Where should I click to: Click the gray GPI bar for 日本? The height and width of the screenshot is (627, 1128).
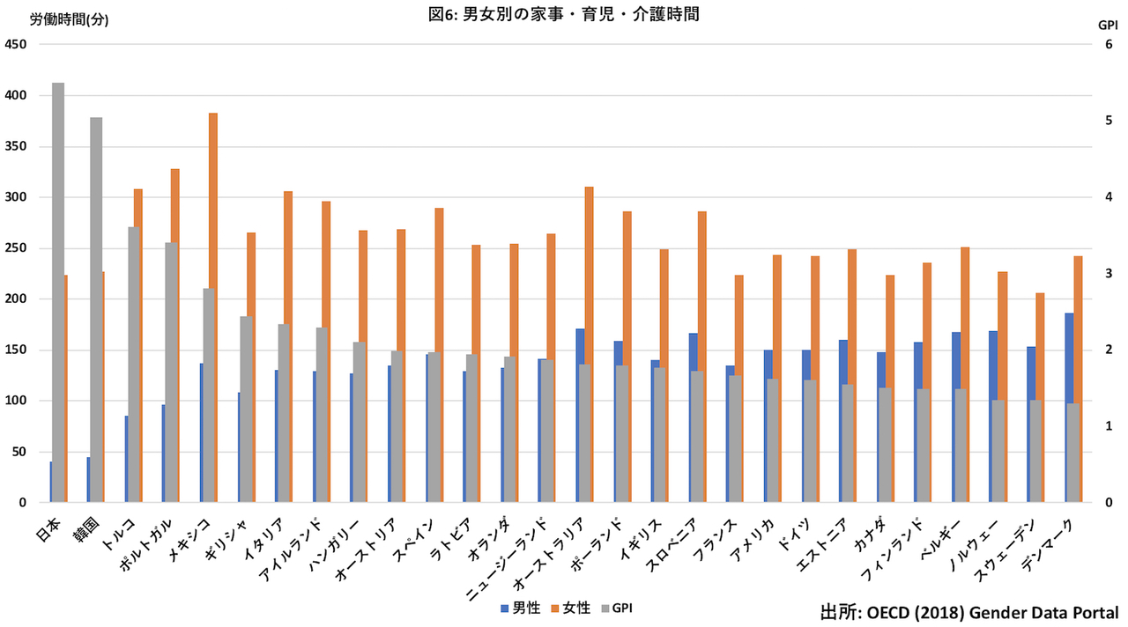click(58, 292)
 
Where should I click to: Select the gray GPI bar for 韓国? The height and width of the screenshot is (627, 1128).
click(96, 310)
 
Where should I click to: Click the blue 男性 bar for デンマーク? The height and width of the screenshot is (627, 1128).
click(1069, 358)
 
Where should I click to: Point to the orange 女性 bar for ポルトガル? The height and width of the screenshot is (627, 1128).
click(175, 206)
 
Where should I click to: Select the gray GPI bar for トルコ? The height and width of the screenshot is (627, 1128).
click(133, 365)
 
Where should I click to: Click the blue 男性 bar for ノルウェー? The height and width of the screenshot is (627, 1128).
click(993, 365)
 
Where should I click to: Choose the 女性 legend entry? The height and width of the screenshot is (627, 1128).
click(570, 609)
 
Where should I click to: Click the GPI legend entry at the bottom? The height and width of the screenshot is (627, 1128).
click(617, 609)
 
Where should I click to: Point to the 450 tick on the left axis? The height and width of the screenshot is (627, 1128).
click(16, 45)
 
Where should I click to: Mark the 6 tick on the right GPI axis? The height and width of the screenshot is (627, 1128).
click(1109, 44)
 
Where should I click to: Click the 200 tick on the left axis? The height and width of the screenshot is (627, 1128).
click(16, 299)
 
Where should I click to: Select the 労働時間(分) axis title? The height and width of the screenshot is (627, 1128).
click(69, 19)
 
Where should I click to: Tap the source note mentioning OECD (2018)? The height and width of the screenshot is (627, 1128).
click(969, 613)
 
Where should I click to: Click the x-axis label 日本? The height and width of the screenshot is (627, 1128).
click(48, 529)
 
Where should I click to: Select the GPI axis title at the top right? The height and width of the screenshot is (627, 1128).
click(1108, 26)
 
